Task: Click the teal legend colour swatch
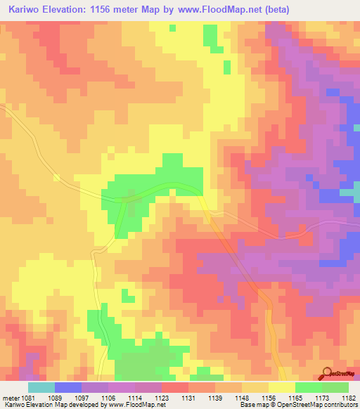click(41, 387)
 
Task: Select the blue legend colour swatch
click(68, 387)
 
